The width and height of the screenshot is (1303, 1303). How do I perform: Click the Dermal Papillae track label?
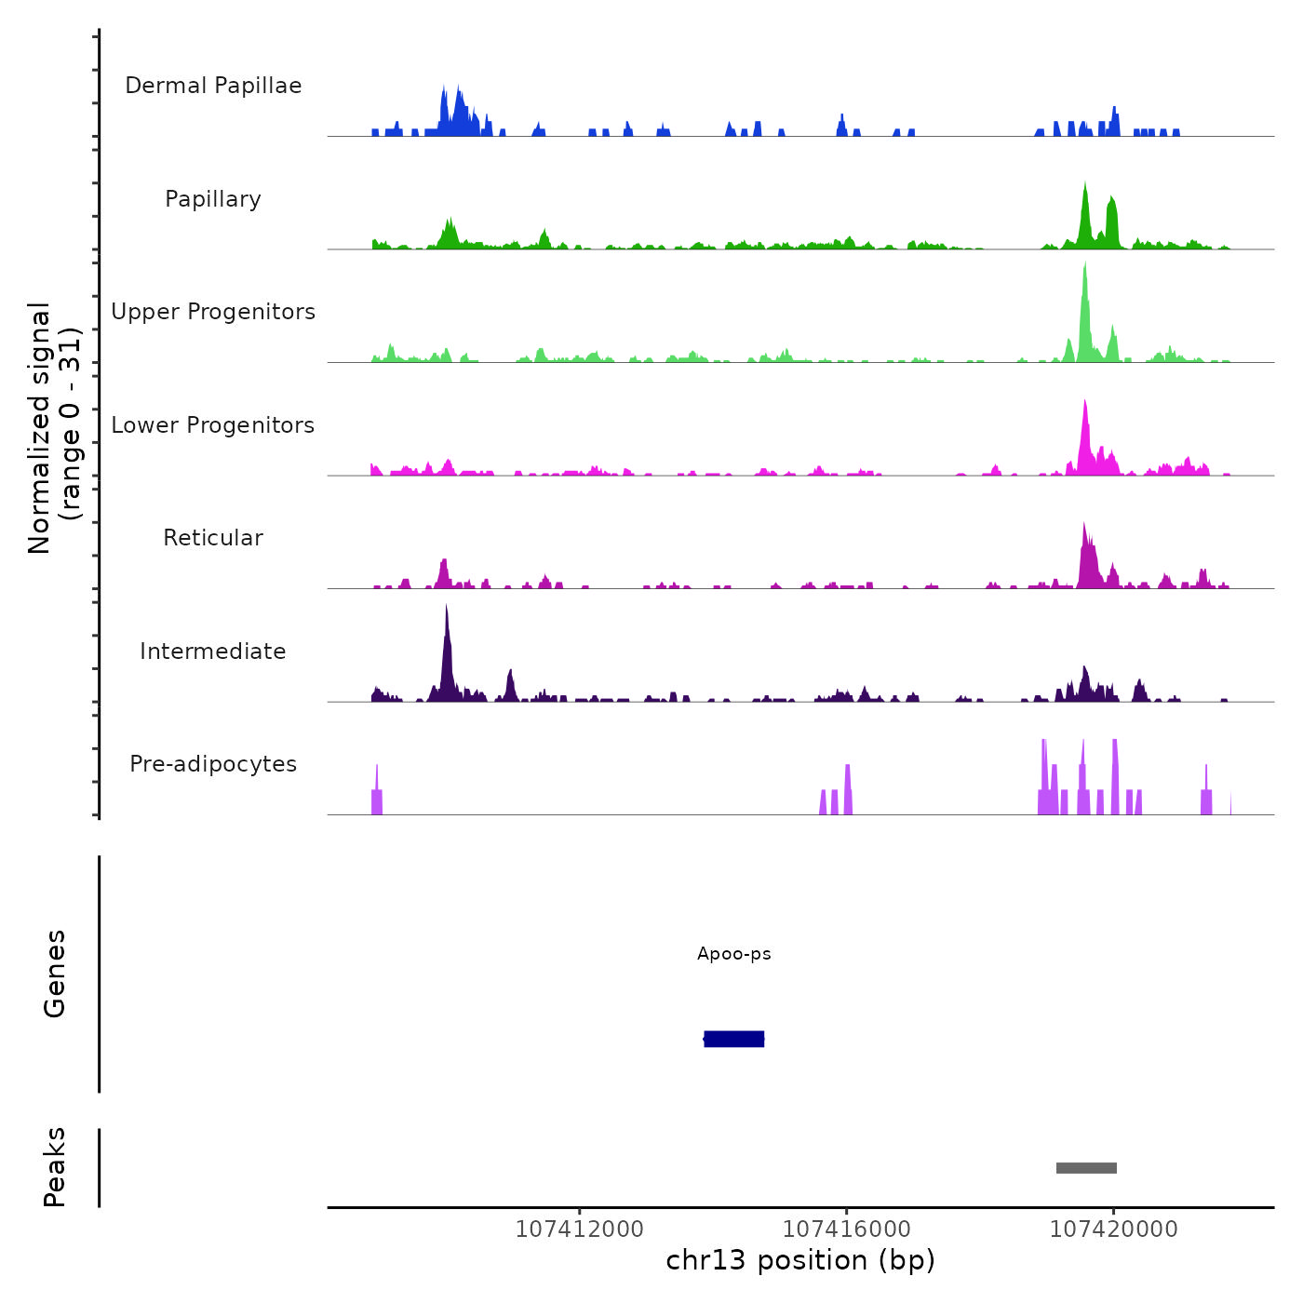[x=213, y=86]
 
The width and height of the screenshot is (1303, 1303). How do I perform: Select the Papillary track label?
[x=213, y=199]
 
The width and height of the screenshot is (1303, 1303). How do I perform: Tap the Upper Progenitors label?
[x=213, y=312]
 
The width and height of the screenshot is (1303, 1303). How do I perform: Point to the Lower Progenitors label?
[x=213, y=425]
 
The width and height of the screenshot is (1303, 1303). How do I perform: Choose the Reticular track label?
[x=213, y=538]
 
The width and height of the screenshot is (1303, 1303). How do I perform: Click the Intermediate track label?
[x=213, y=651]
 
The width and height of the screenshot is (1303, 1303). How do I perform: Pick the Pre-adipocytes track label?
[x=213, y=764]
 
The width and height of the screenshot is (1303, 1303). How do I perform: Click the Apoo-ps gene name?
[x=734, y=954]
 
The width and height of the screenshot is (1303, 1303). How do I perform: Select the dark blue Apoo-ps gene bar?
[x=734, y=1039]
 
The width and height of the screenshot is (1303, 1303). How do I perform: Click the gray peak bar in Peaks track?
[x=1086, y=1168]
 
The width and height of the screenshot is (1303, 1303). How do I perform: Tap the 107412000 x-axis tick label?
[x=579, y=1229]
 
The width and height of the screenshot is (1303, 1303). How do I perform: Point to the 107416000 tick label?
[x=846, y=1229]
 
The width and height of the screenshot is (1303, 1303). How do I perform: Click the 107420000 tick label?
[x=1113, y=1229]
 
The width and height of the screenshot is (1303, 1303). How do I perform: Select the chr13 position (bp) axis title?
[x=800, y=1261]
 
